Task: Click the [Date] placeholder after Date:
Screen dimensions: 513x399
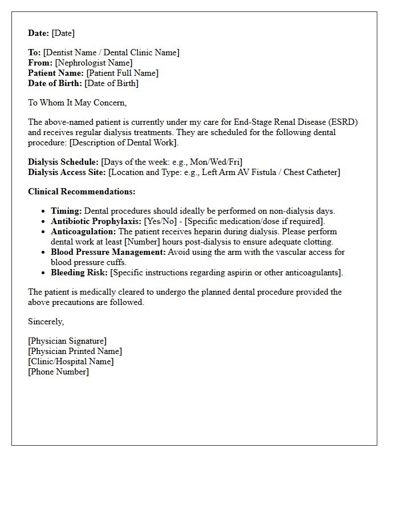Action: coord(63,33)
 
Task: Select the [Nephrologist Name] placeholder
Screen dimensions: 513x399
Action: coord(93,63)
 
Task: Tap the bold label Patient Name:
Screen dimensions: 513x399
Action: coord(56,73)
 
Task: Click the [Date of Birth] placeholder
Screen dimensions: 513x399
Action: coord(111,83)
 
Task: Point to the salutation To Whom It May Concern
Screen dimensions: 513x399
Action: coord(77,103)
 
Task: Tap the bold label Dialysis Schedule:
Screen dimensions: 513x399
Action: coord(63,162)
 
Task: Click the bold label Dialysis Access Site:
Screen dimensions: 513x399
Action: coord(67,172)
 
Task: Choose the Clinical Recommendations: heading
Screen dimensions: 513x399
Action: coord(82,192)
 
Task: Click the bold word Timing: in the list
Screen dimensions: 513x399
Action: coord(66,211)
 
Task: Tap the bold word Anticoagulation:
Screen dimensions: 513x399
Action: coord(83,231)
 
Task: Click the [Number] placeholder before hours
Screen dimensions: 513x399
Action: coord(141,242)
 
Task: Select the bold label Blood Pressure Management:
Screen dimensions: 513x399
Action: coord(108,252)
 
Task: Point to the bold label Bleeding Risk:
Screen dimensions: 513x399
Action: coord(79,272)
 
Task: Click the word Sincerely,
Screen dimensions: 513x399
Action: coord(46,321)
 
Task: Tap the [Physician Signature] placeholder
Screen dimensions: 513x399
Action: coord(67,341)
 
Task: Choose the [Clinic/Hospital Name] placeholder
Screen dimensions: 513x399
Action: coord(71,361)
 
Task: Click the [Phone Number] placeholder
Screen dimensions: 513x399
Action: coord(58,372)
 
